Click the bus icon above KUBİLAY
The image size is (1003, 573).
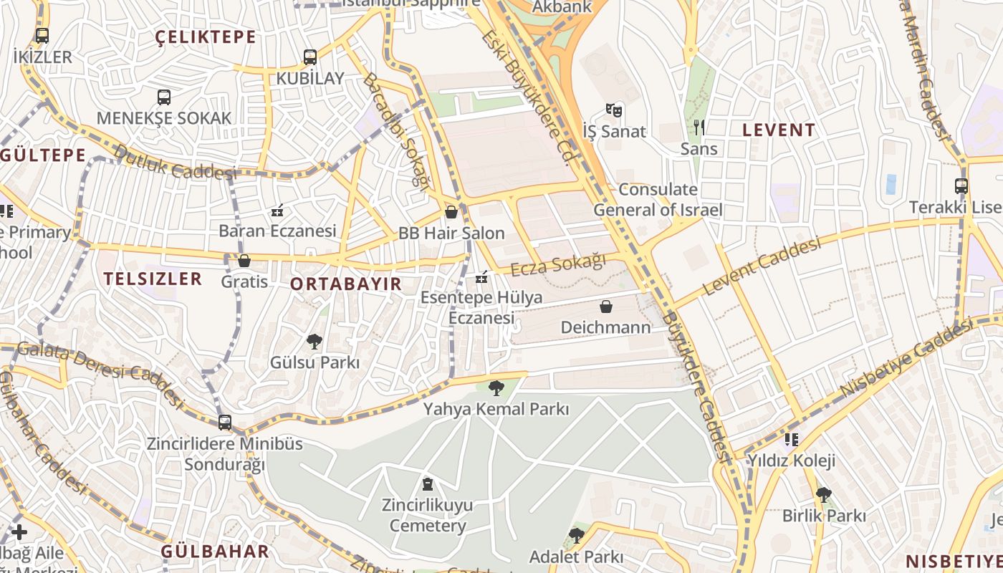309,57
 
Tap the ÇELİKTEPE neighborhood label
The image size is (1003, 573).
206,37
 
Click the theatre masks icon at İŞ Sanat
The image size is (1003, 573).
613,110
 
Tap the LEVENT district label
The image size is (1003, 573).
779,130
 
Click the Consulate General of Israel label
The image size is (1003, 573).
658,200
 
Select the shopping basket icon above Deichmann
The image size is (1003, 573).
606,307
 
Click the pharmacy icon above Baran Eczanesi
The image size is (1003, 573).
277,211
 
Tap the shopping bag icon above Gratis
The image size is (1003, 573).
244,261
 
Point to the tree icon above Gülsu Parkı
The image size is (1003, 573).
314,342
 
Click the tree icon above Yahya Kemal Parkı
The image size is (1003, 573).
496,389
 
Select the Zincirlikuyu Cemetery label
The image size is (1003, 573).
427,515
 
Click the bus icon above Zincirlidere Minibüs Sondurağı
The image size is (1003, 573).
225,423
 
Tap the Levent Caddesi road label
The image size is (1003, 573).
762,267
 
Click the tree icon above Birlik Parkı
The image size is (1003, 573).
824,494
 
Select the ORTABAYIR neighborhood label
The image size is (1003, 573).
346,284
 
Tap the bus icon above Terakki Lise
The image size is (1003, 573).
961,186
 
